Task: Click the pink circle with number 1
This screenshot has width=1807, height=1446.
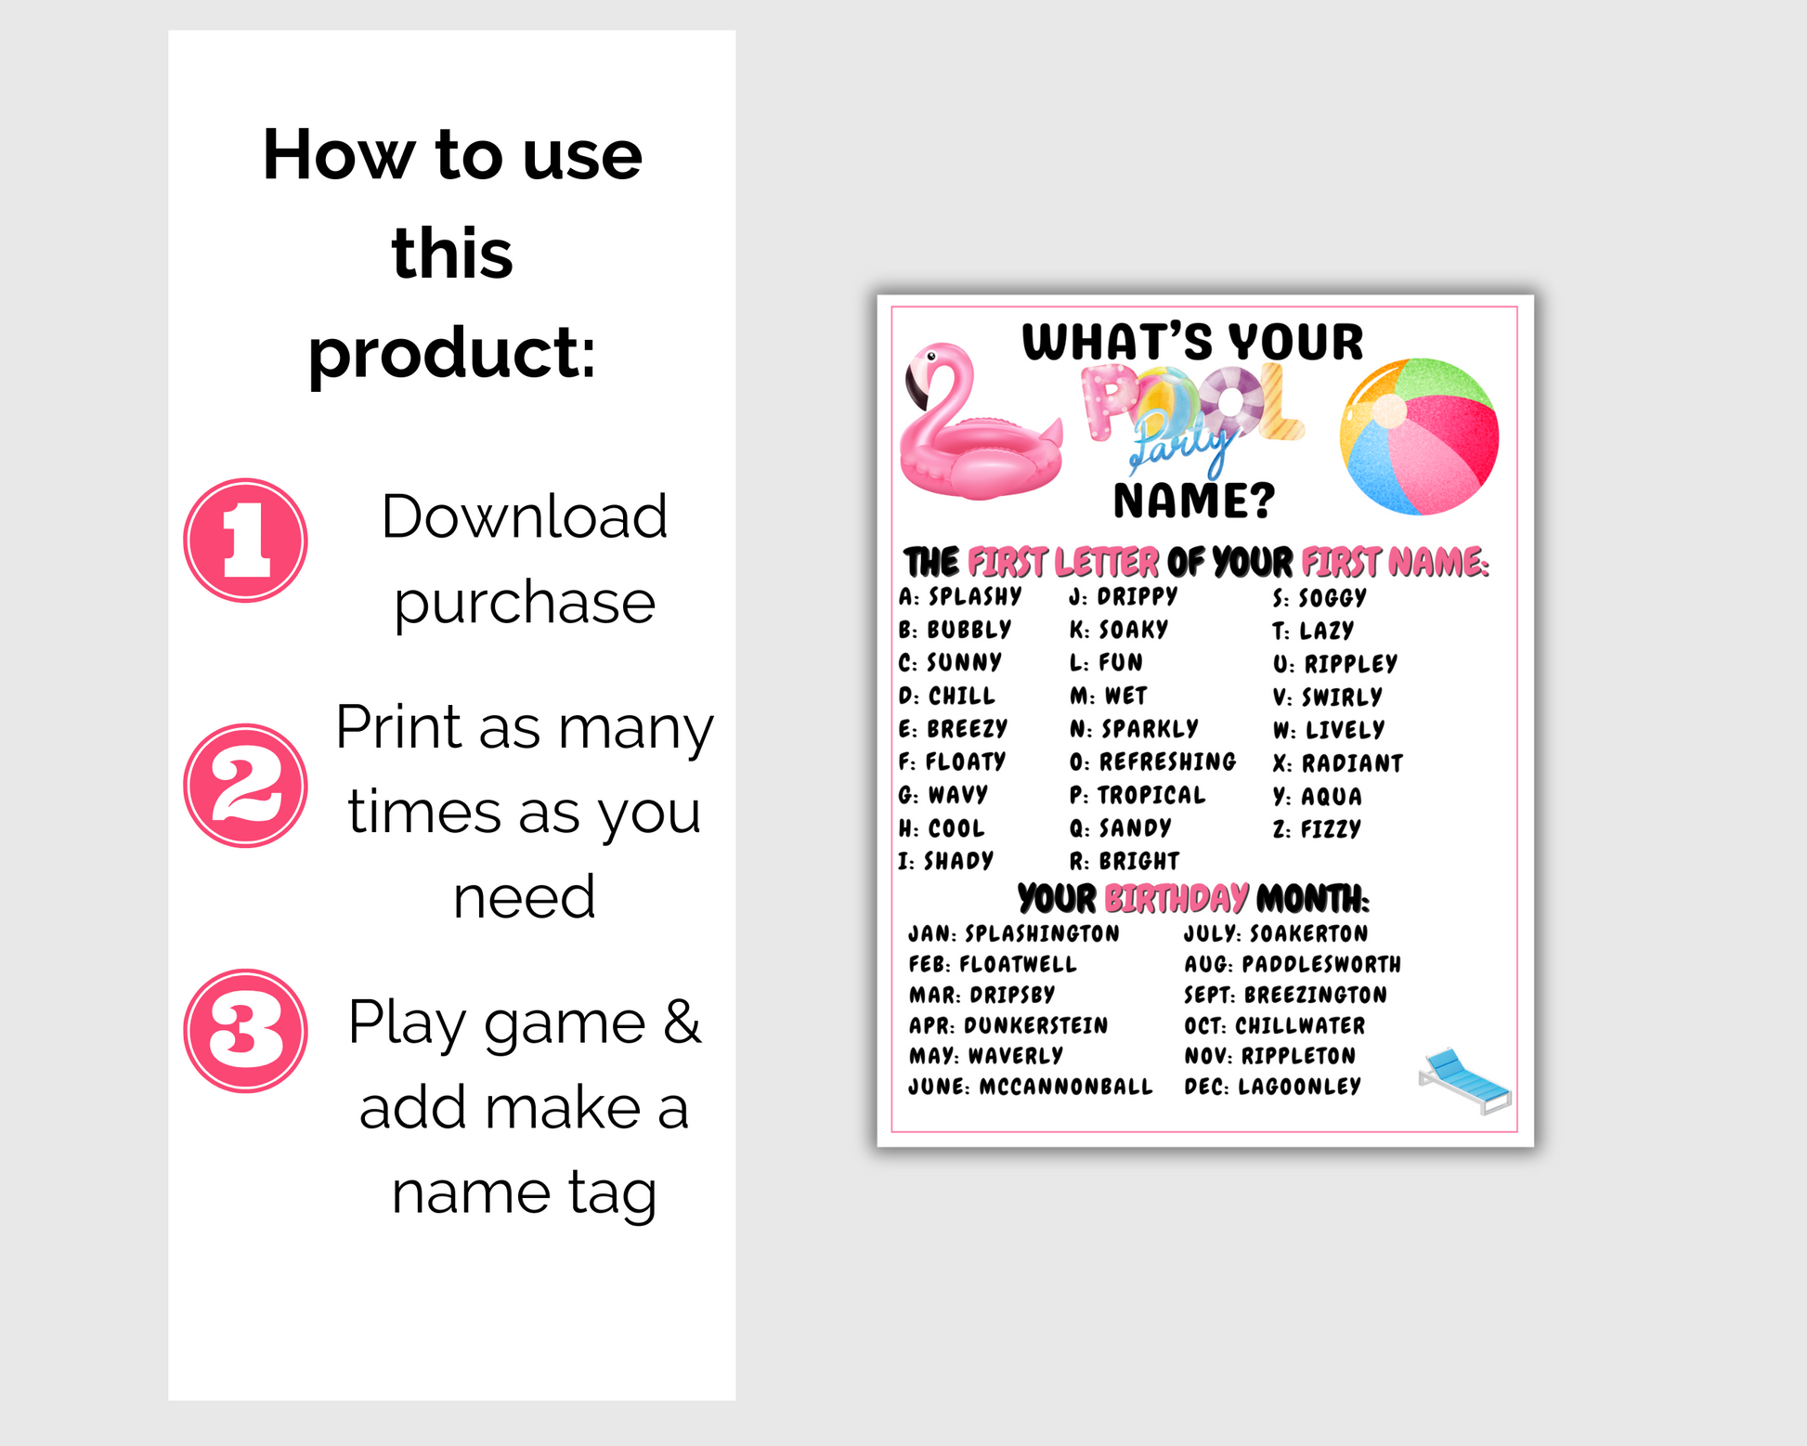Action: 245,540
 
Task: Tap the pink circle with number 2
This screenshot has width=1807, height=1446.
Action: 245,785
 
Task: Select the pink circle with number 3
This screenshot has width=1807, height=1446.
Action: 245,1031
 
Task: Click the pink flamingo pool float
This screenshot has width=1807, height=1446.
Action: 981,423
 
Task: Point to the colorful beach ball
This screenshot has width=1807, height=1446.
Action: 1419,436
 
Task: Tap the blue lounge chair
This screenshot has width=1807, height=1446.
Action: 1464,1081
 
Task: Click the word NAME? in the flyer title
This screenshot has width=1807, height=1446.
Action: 1194,502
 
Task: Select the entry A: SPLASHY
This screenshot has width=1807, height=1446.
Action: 960,596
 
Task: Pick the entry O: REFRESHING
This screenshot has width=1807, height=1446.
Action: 1152,762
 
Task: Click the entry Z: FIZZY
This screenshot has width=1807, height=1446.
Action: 1317,828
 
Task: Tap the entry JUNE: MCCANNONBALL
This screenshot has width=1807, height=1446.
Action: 1030,1086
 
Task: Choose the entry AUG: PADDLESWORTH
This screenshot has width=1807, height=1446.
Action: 1293,964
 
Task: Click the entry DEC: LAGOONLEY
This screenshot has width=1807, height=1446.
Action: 1272,1086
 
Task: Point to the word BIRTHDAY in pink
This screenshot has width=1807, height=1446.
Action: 1176,898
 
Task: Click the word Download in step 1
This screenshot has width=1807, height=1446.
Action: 524,516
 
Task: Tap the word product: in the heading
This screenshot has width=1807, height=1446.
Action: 452,354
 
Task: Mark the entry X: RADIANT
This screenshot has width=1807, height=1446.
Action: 1337,763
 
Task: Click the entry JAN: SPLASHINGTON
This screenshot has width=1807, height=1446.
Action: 1014,933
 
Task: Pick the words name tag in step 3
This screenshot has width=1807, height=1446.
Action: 524,1192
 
